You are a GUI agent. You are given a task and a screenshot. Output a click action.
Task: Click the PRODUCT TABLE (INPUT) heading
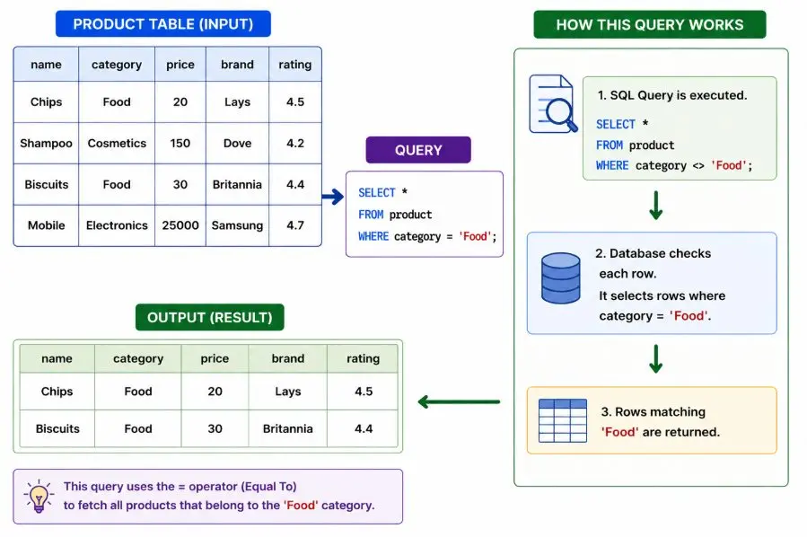(x=163, y=24)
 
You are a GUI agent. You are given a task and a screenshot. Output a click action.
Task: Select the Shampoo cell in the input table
(x=47, y=143)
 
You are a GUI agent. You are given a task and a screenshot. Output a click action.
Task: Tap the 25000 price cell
(x=180, y=225)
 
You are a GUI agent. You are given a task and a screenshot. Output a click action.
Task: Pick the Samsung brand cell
(x=237, y=225)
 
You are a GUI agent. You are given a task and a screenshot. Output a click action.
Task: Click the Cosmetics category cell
(x=117, y=143)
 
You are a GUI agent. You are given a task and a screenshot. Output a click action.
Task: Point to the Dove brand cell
(x=237, y=143)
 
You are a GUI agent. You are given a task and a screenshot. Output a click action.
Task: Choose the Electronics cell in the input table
(x=117, y=225)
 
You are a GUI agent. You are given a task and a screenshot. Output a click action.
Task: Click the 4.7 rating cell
(x=295, y=225)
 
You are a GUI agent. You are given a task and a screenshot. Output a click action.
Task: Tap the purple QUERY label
(x=418, y=150)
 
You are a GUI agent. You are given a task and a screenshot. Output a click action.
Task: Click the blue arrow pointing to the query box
(x=333, y=196)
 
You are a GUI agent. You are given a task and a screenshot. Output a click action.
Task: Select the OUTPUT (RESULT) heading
(x=210, y=317)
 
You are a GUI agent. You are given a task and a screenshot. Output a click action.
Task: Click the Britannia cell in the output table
(x=287, y=429)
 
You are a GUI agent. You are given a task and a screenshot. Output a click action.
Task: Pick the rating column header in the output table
(x=363, y=358)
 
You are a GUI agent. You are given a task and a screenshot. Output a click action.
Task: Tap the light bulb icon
(x=39, y=497)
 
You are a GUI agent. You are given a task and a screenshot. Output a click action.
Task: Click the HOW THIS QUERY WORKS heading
(x=650, y=25)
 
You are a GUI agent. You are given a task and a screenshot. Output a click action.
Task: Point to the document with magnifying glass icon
(x=553, y=103)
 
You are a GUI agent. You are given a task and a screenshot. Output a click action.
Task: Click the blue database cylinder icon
(x=561, y=278)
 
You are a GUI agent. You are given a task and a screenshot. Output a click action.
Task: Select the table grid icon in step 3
(x=563, y=420)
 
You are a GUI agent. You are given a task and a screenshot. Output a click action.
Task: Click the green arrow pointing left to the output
(x=459, y=401)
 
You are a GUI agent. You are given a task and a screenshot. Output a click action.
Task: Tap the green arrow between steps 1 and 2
(x=655, y=206)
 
